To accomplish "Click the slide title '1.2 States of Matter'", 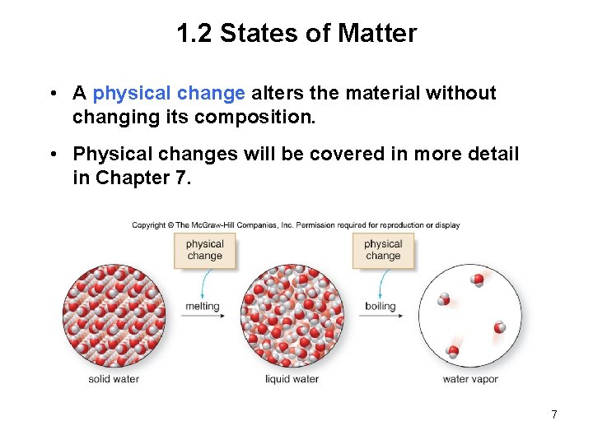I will (296, 34).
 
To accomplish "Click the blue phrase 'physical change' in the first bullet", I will (169, 93).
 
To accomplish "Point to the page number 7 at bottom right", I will (554, 414).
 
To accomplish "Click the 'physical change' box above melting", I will (205, 250).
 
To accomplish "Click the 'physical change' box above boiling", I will (383, 250).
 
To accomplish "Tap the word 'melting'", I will (203, 307).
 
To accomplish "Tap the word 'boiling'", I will (381, 307).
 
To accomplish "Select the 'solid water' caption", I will (114, 379).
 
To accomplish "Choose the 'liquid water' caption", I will (292, 379).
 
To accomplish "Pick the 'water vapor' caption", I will (470, 379).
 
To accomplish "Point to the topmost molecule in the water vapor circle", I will (478, 280).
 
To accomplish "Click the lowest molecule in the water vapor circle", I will (453, 352).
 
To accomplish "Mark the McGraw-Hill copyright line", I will (296, 225).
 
